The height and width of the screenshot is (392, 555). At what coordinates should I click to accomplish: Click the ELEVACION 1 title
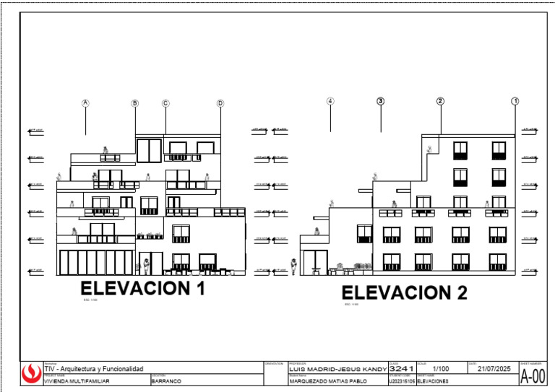pyautogui.click(x=143, y=289)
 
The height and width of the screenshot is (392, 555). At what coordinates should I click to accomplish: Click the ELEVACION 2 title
pyautogui.click(x=404, y=292)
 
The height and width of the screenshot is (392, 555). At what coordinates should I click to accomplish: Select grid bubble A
pyautogui.click(x=85, y=103)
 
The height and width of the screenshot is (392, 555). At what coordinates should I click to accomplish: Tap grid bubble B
pyautogui.click(x=134, y=103)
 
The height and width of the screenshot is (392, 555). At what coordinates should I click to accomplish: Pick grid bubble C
pyautogui.click(x=165, y=103)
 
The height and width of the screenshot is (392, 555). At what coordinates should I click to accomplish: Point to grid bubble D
pyautogui.click(x=220, y=103)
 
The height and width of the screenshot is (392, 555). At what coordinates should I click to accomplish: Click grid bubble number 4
pyautogui.click(x=330, y=101)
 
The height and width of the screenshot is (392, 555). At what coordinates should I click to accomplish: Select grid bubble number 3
pyautogui.click(x=381, y=101)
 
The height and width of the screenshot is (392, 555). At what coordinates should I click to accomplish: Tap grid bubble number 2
pyautogui.click(x=440, y=101)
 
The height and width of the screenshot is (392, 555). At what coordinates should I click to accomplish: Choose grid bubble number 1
pyautogui.click(x=515, y=101)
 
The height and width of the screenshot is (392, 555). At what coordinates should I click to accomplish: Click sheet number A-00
pyautogui.click(x=533, y=376)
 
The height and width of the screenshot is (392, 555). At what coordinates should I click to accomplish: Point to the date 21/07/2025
pyautogui.click(x=494, y=369)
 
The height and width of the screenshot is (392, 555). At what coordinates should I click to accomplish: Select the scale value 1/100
pyautogui.click(x=441, y=369)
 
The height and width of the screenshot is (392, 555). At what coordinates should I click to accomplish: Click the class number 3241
pyautogui.click(x=401, y=369)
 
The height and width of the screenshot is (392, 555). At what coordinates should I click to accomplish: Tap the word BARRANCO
pyautogui.click(x=166, y=381)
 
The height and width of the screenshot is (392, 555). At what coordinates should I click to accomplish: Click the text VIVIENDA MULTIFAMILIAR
pyautogui.click(x=77, y=381)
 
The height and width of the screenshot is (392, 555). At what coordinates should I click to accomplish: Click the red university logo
pyautogui.click(x=31, y=374)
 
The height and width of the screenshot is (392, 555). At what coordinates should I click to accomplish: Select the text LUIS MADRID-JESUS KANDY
pyautogui.click(x=337, y=369)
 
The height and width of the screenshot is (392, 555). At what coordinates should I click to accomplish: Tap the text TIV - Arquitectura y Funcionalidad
pyautogui.click(x=94, y=369)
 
